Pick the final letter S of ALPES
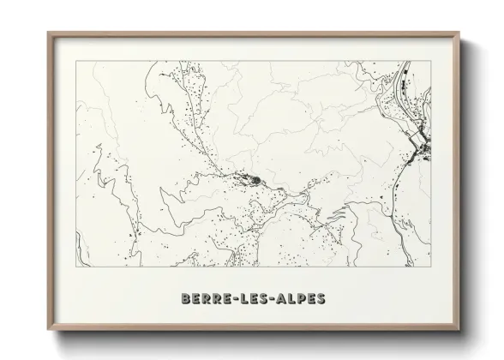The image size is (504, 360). pos(321,299)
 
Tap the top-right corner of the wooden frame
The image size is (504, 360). pos(459,33)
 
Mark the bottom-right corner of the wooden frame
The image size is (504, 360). pos(459,328)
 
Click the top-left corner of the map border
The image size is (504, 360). pos(76,61)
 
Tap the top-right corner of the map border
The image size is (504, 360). pos(431,61)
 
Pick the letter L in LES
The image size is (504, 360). pos(244,299)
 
